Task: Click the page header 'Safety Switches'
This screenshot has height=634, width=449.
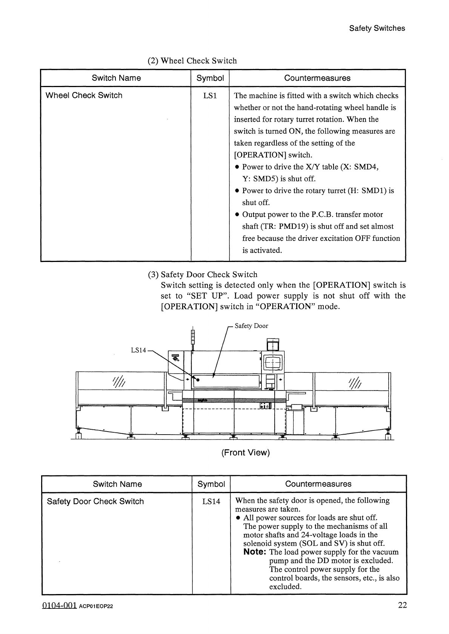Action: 377,28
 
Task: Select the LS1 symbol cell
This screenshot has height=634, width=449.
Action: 210,96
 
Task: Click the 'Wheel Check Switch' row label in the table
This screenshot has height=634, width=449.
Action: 84,95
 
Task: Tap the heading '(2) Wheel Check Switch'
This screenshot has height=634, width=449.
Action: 192,61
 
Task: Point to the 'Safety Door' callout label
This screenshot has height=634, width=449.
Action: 251,326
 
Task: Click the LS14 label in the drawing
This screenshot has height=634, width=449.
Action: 138,350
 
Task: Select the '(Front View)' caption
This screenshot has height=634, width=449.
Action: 246,453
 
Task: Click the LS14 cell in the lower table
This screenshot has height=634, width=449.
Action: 211,501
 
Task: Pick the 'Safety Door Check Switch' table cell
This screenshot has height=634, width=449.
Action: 95,501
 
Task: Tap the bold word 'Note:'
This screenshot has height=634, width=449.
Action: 255,552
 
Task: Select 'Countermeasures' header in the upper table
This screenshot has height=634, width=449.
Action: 317,78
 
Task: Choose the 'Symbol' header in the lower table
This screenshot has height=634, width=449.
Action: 211,484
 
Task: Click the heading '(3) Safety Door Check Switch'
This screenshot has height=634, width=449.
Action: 202,274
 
